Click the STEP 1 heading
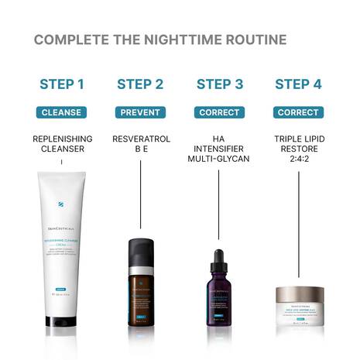click(x=61, y=84)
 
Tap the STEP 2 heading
click(x=140, y=84)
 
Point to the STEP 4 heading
click(x=298, y=84)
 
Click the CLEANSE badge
click(x=61, y=112)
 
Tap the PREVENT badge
click(x=140, y=112)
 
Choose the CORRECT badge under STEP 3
click(x=219, y=112)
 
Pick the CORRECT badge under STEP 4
click(x=298, y=112)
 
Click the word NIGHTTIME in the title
click(x=177, y=39)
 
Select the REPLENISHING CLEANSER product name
click(x=61, y=144)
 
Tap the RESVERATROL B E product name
click(x=140, y=144)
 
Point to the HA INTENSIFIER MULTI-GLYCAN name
click(x=219, y=149)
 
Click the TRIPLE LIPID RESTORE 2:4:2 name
click(x=298, y=149)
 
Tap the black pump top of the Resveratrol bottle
click(x=140, y=251)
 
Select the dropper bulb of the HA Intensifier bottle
click(x=219, y=255)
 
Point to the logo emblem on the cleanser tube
click(x=60, y=204)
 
